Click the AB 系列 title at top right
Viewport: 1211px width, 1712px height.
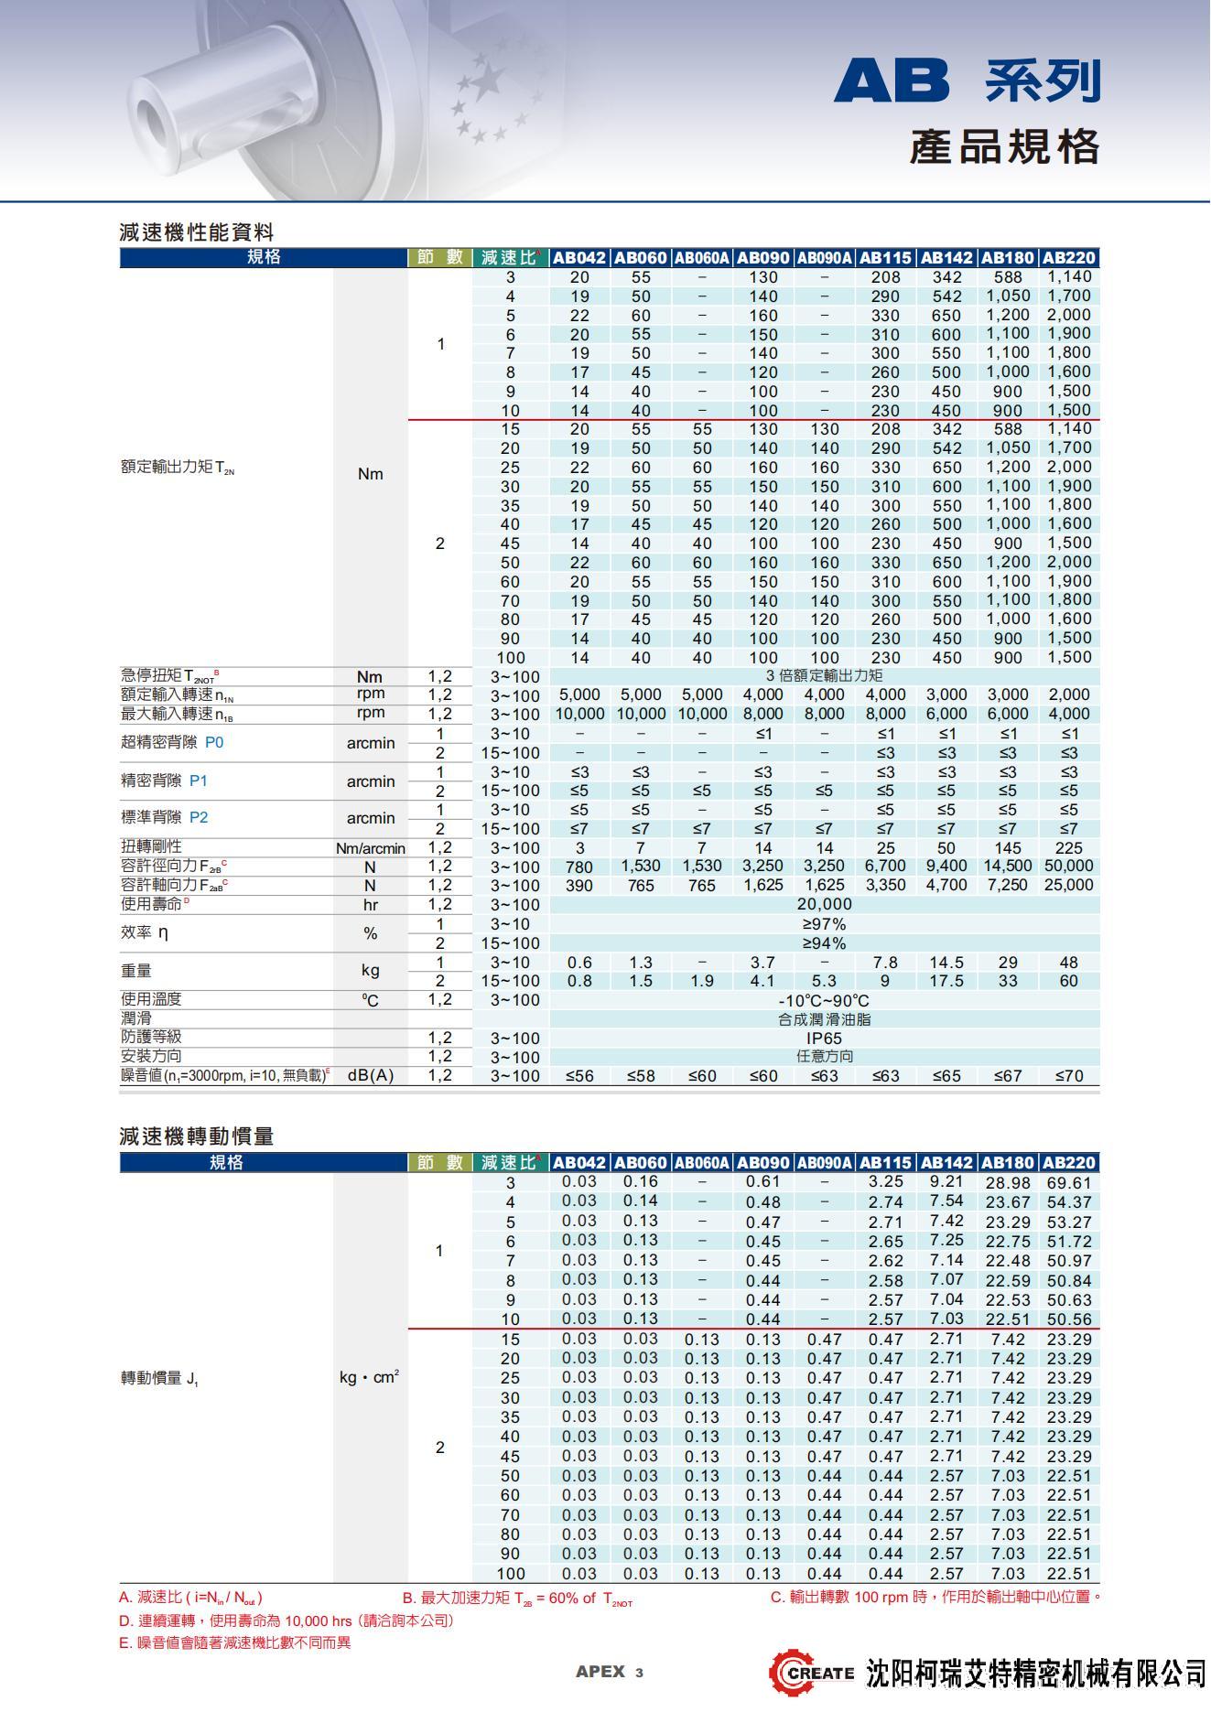[x=967, y=81]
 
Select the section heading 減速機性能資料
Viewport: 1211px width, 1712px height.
[x=197, y=232]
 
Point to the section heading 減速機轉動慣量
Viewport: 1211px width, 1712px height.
[x=197, y=1136]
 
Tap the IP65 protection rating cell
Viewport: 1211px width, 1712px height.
[x=824, y=1039]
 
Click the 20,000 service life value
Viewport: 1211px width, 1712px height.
[x=824, y=905]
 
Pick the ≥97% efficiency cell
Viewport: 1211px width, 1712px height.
[x=824, y=924]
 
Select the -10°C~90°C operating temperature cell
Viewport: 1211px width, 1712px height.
[x=824, y=1000]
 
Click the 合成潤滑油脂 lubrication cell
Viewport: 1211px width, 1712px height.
[x=824, y=1019]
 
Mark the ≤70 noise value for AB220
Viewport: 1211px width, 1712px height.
[x=1068, y=1076]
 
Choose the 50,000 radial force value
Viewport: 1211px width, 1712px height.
[x=1068, y=866]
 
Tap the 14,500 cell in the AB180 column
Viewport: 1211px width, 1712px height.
[x=1007, y=866]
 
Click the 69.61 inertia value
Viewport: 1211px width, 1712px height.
[x=1068, y=1182]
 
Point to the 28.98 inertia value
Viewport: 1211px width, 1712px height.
[x=1007, y=1182]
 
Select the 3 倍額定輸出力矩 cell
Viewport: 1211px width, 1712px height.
[x=824, y=676]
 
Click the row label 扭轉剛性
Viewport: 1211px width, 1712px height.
[x=152, y=847]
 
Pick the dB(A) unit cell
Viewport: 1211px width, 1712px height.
[x=370, y=1076]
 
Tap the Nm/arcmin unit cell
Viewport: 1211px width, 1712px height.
[x=370, y=848]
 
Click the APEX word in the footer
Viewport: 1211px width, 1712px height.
[x=600, y=1672]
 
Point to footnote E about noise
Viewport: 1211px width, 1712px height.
[x=235, y=1642]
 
